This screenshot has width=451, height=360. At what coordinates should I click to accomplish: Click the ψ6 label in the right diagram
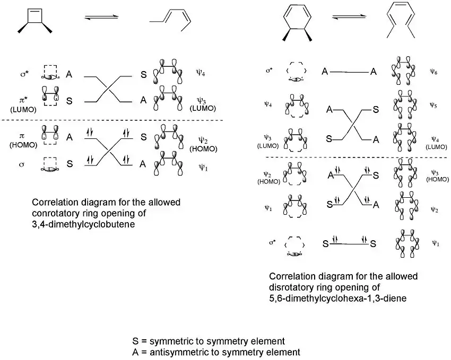coord(434,71)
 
